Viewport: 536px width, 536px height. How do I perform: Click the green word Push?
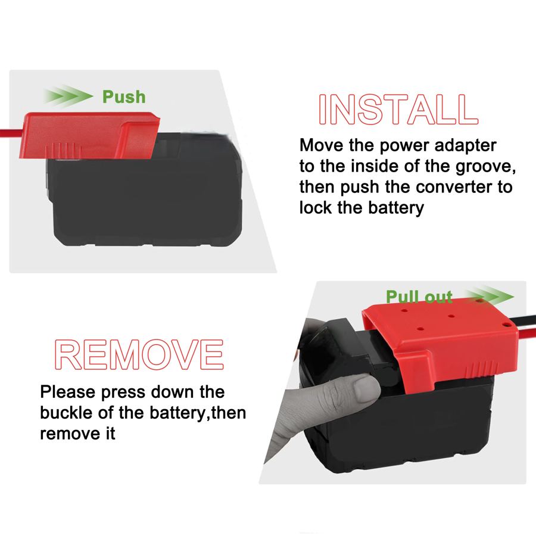124,96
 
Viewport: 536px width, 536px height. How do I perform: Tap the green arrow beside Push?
68,95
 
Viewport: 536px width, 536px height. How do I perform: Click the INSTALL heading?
398,110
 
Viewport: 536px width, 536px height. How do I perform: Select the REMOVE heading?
139,354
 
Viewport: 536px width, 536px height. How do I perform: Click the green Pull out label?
419,297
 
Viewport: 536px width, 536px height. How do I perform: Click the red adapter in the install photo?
89,135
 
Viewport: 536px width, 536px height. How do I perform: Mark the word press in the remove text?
123,392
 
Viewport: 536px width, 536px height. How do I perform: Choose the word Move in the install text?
322,145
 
